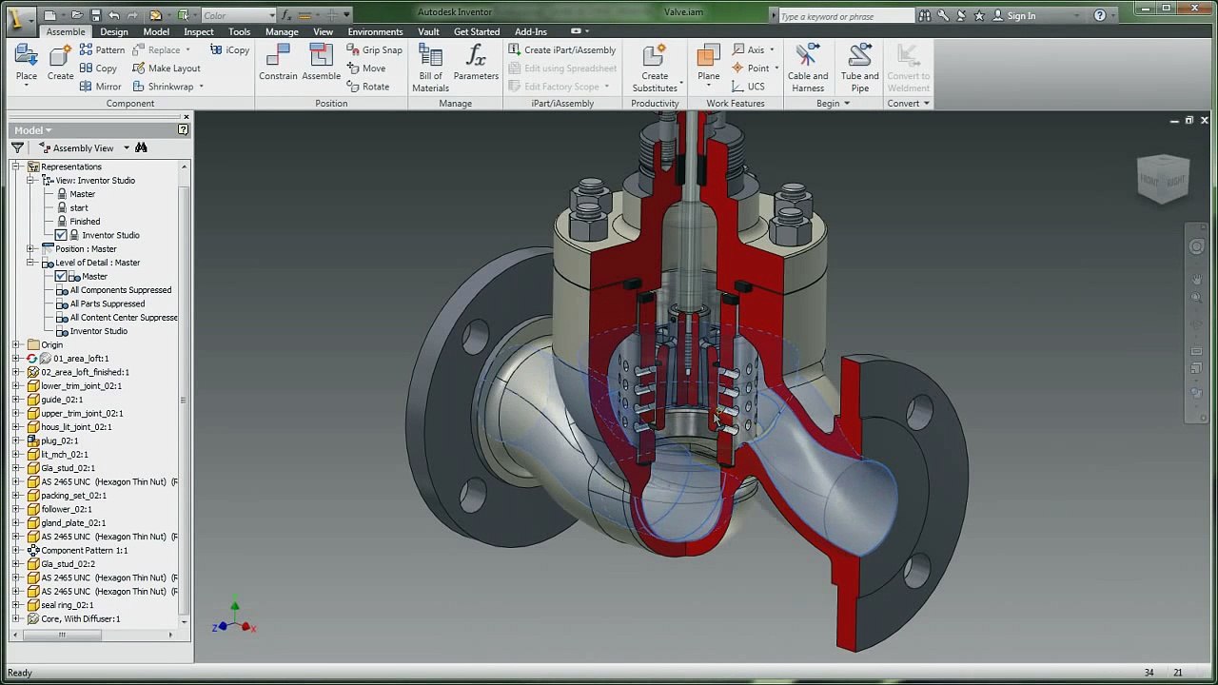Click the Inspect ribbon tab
[x=198, y=31]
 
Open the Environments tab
[x=375, y=31]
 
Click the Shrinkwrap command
[x=169, y=87]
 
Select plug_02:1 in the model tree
[x=59, y=440]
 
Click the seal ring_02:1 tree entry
[x=67, y=605]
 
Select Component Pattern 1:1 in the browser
[x=84, y=550]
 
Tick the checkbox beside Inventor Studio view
[x=61, y=235]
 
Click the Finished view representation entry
[x=84, y=221]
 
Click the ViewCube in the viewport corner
[x=1163, y=178]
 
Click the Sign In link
[x=1021, y=15]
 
